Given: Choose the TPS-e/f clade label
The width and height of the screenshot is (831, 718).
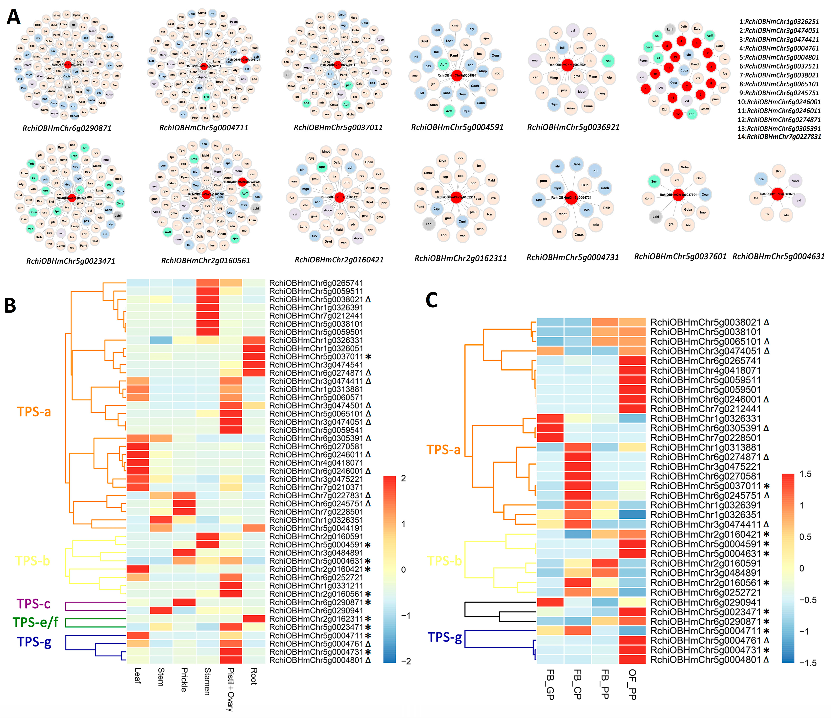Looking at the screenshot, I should (35, 622).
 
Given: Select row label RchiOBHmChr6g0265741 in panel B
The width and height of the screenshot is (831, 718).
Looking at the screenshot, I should (316, 283).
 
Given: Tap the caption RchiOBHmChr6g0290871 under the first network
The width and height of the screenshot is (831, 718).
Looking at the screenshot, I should (67, 128).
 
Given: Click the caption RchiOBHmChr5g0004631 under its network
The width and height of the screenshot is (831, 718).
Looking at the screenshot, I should (778, 256).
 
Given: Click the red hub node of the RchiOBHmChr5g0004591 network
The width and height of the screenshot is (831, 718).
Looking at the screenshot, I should (457, 75).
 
